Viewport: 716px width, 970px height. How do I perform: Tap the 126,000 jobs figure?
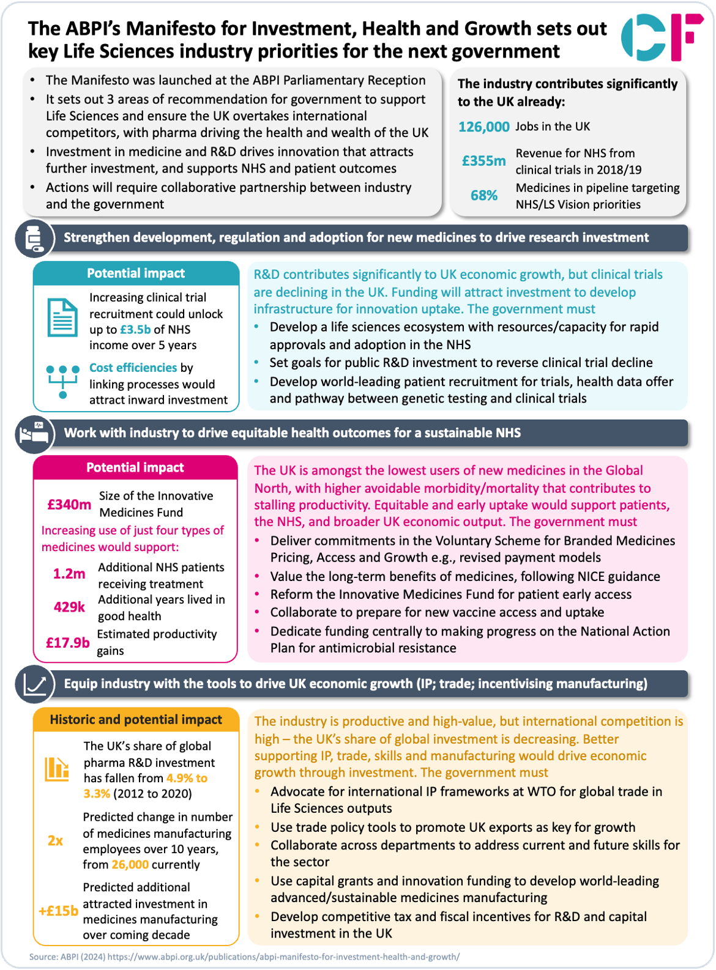[x=483, y=127]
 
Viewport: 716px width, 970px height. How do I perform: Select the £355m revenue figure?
[x=483, y=161]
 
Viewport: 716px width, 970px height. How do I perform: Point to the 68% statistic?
[x=483, y=196]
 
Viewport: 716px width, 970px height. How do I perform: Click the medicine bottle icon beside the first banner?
[x=34, y=238]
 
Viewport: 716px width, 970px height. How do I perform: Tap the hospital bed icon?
[x=34, y=434]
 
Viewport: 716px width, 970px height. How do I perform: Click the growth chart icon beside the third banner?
[x=34, y=684]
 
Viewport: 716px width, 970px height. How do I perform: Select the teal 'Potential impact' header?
[x=136, y=273]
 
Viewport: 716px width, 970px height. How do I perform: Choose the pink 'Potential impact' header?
[x=135, y=468]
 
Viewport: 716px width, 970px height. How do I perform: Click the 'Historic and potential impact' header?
[x=136, y=720]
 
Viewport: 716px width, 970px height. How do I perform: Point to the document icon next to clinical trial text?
[x=62, y=317]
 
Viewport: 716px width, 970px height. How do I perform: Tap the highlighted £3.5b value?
[x=135, y=330]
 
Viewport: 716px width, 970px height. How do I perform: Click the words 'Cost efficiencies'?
[x=133, y=368]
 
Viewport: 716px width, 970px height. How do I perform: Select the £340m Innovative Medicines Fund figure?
[x=69, y=505]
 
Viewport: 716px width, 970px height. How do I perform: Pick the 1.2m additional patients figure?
[x=69, y=574]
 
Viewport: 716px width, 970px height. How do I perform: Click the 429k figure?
[x=69, y=607]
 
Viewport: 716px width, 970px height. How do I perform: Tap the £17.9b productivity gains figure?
[x=67, y=643]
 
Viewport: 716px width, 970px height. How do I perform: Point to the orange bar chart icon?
[x=57, y=769]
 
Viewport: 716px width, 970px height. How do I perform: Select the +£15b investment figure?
[x=58, y=911]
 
